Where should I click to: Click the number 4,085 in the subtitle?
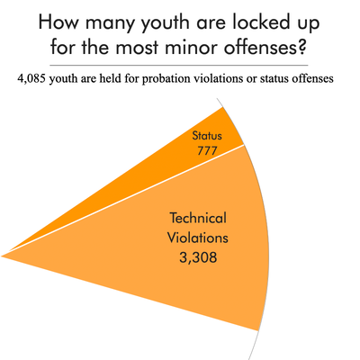[34, 78]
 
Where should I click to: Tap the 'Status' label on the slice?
[206, 136]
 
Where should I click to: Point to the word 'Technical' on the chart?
[197, 220]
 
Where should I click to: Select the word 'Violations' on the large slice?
[197, 238]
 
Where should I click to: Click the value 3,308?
[197, 257]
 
